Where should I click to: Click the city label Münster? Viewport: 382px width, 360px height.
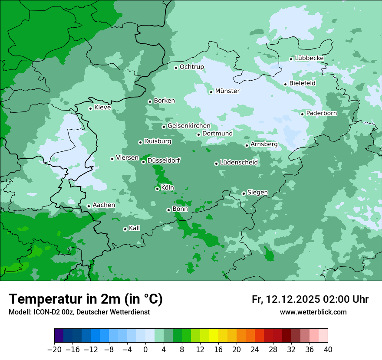click(227, 91)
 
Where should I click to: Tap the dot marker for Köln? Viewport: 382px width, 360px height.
click(157, 189)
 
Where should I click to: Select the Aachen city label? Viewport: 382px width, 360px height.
click(104, 205)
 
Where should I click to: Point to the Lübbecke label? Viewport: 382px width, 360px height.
click(309, 58)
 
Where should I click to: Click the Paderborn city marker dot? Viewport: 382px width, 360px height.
click(303, 114)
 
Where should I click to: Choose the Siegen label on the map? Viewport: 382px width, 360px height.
click(257, 193)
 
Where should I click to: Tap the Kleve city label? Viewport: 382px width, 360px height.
click(102, 108)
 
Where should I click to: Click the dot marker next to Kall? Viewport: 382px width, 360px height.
click(125, 229)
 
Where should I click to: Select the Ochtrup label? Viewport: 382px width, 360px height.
click(191, 67)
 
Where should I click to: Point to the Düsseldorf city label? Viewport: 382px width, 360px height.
click(164, 160)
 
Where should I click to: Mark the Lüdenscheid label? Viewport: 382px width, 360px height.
click(239, 163)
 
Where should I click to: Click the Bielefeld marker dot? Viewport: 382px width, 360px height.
click(286, 84)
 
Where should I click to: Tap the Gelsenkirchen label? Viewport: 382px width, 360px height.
click(189, 126)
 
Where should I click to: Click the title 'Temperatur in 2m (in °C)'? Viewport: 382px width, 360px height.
click(86, 299)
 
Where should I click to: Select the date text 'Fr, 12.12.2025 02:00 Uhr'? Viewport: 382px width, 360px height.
click(310, 299)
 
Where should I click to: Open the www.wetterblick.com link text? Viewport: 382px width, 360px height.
click(313, 312)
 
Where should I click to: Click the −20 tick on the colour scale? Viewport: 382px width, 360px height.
click(54, 349)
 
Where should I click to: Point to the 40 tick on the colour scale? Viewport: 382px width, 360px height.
click(328, 349)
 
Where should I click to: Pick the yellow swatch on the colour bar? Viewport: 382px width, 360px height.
click(214, 336)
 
